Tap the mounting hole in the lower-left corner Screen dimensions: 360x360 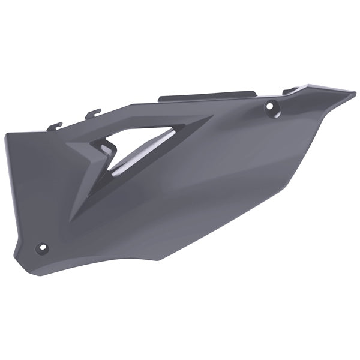[x=42, y=247]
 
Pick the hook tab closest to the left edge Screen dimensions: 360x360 [x=55, y=126]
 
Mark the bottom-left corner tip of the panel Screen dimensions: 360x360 [x=16, y=255]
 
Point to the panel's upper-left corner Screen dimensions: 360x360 [x=7, y=135]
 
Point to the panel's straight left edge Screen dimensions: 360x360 [x=8, y=192]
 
